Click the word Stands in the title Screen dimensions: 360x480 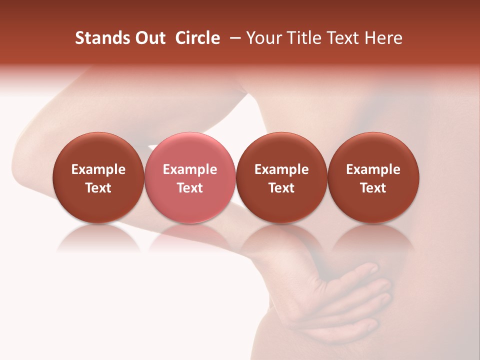[99, 38]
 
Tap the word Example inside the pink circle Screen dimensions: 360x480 [190, 169]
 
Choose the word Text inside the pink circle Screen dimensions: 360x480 [190, 188]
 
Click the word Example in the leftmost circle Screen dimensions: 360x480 [98, 169]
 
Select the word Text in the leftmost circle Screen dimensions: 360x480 [98, 188]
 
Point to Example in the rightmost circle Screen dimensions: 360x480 [373, 169]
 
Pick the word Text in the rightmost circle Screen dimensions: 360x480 [373, 188]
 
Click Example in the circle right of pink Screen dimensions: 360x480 [281, 169]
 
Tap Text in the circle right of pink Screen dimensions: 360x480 [281, 188]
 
